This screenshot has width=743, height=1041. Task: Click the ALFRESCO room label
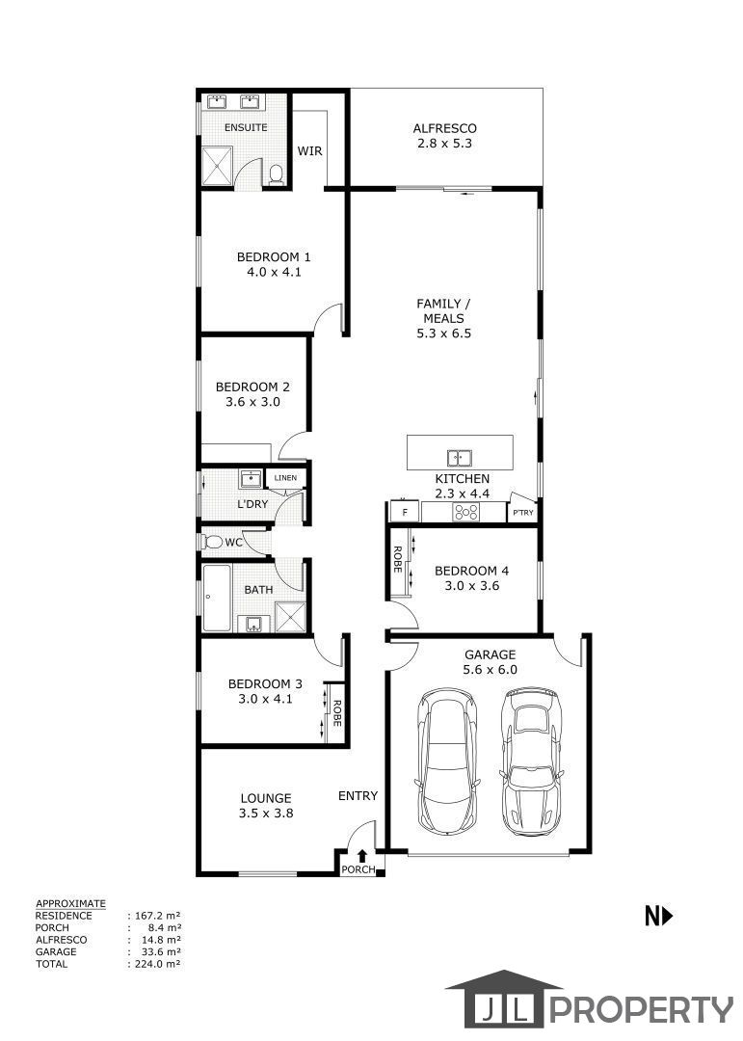[x=444, y=128]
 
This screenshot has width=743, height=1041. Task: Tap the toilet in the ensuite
[x=277, y=174]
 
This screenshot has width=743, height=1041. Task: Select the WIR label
[x=309, y=150]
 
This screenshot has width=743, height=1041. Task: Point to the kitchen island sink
[x=460, y=458]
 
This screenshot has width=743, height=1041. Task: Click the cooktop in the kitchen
[x=465, y=512]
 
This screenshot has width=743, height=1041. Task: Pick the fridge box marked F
[x=405, y=512]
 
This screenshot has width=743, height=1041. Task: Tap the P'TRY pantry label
[x=522, y=513]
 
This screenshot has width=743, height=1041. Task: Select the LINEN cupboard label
[x=285, y=477]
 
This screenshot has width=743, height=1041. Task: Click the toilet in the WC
[x=212, y=542]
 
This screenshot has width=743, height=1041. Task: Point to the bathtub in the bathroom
[x=217, y=599]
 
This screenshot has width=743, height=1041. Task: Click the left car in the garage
[x=446, y=760]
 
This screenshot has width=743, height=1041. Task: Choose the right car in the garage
[x=531, y=762]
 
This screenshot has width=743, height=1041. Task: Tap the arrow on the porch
[x=362, y=857]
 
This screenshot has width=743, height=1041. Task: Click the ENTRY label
[x=358, y=795]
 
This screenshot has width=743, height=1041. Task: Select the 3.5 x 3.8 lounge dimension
[x=266, y=814]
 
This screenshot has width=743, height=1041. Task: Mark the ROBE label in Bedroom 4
[x=397, y=559]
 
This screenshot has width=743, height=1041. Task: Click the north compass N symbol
[x=658, y=917]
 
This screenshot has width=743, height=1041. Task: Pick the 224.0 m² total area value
[x=158, y=963]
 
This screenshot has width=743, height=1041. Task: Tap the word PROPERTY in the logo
[x=641, y=1009]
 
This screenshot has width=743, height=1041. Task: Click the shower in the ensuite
[x=217, y=166]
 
